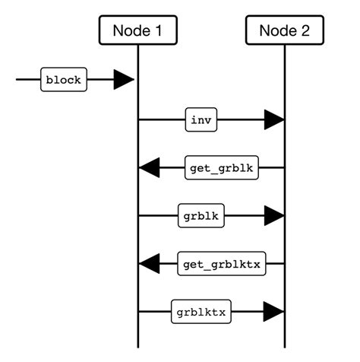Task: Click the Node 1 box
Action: click(x=137, y=30)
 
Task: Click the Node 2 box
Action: click(x=285, y=30)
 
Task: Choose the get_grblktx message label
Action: click(x=222, y=264)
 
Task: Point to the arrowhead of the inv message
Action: click(x=273, y=119)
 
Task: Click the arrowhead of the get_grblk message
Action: click(x=150, y=168)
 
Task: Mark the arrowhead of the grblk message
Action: click(x=273, y=215)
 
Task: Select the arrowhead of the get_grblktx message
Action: click(x=150, y=264)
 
